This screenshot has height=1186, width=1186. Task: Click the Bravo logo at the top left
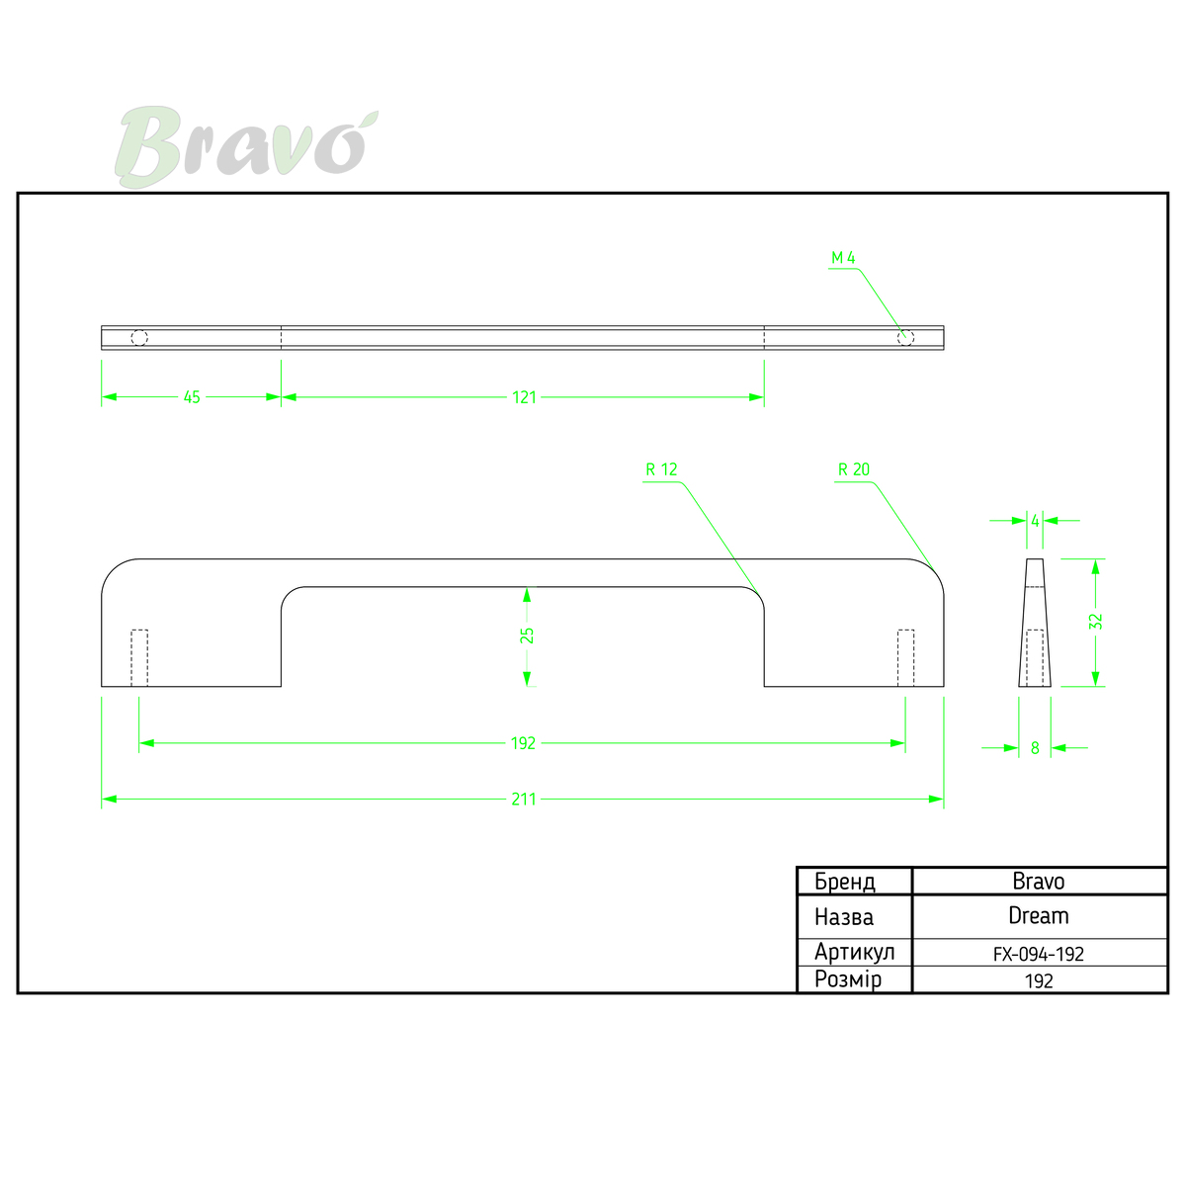246,146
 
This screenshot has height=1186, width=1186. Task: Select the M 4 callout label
843,258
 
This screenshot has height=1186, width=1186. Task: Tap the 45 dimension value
192,397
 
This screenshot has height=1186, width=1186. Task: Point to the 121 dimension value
525,397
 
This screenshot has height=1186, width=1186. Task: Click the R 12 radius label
661,469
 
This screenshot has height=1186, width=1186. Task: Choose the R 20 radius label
854,469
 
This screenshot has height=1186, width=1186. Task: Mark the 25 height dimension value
527,635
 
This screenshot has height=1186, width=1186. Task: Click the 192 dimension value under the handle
523,743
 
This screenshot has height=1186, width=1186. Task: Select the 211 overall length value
524,800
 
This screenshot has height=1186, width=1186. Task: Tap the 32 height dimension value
1095,622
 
